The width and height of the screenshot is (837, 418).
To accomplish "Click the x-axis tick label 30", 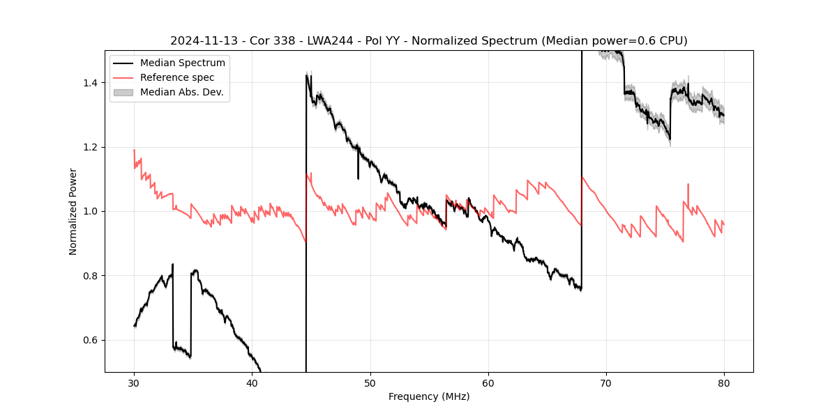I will coord(134,382).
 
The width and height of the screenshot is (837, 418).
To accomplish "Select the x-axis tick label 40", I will coord(252,382).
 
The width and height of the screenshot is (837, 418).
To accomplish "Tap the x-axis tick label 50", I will coord(370,382).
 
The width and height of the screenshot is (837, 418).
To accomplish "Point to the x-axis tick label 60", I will coord(488,382).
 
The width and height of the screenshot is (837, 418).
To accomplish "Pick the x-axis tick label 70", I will coord(606,382).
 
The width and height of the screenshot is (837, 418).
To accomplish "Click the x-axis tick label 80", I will coord(724,382).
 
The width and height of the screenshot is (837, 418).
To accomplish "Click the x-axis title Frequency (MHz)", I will coord(429,396).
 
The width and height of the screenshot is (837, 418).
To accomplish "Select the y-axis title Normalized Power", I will coord(73,211).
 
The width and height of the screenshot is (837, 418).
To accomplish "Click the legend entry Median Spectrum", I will coord(182,63).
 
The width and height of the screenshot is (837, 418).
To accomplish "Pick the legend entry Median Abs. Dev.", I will coord(181,92).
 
